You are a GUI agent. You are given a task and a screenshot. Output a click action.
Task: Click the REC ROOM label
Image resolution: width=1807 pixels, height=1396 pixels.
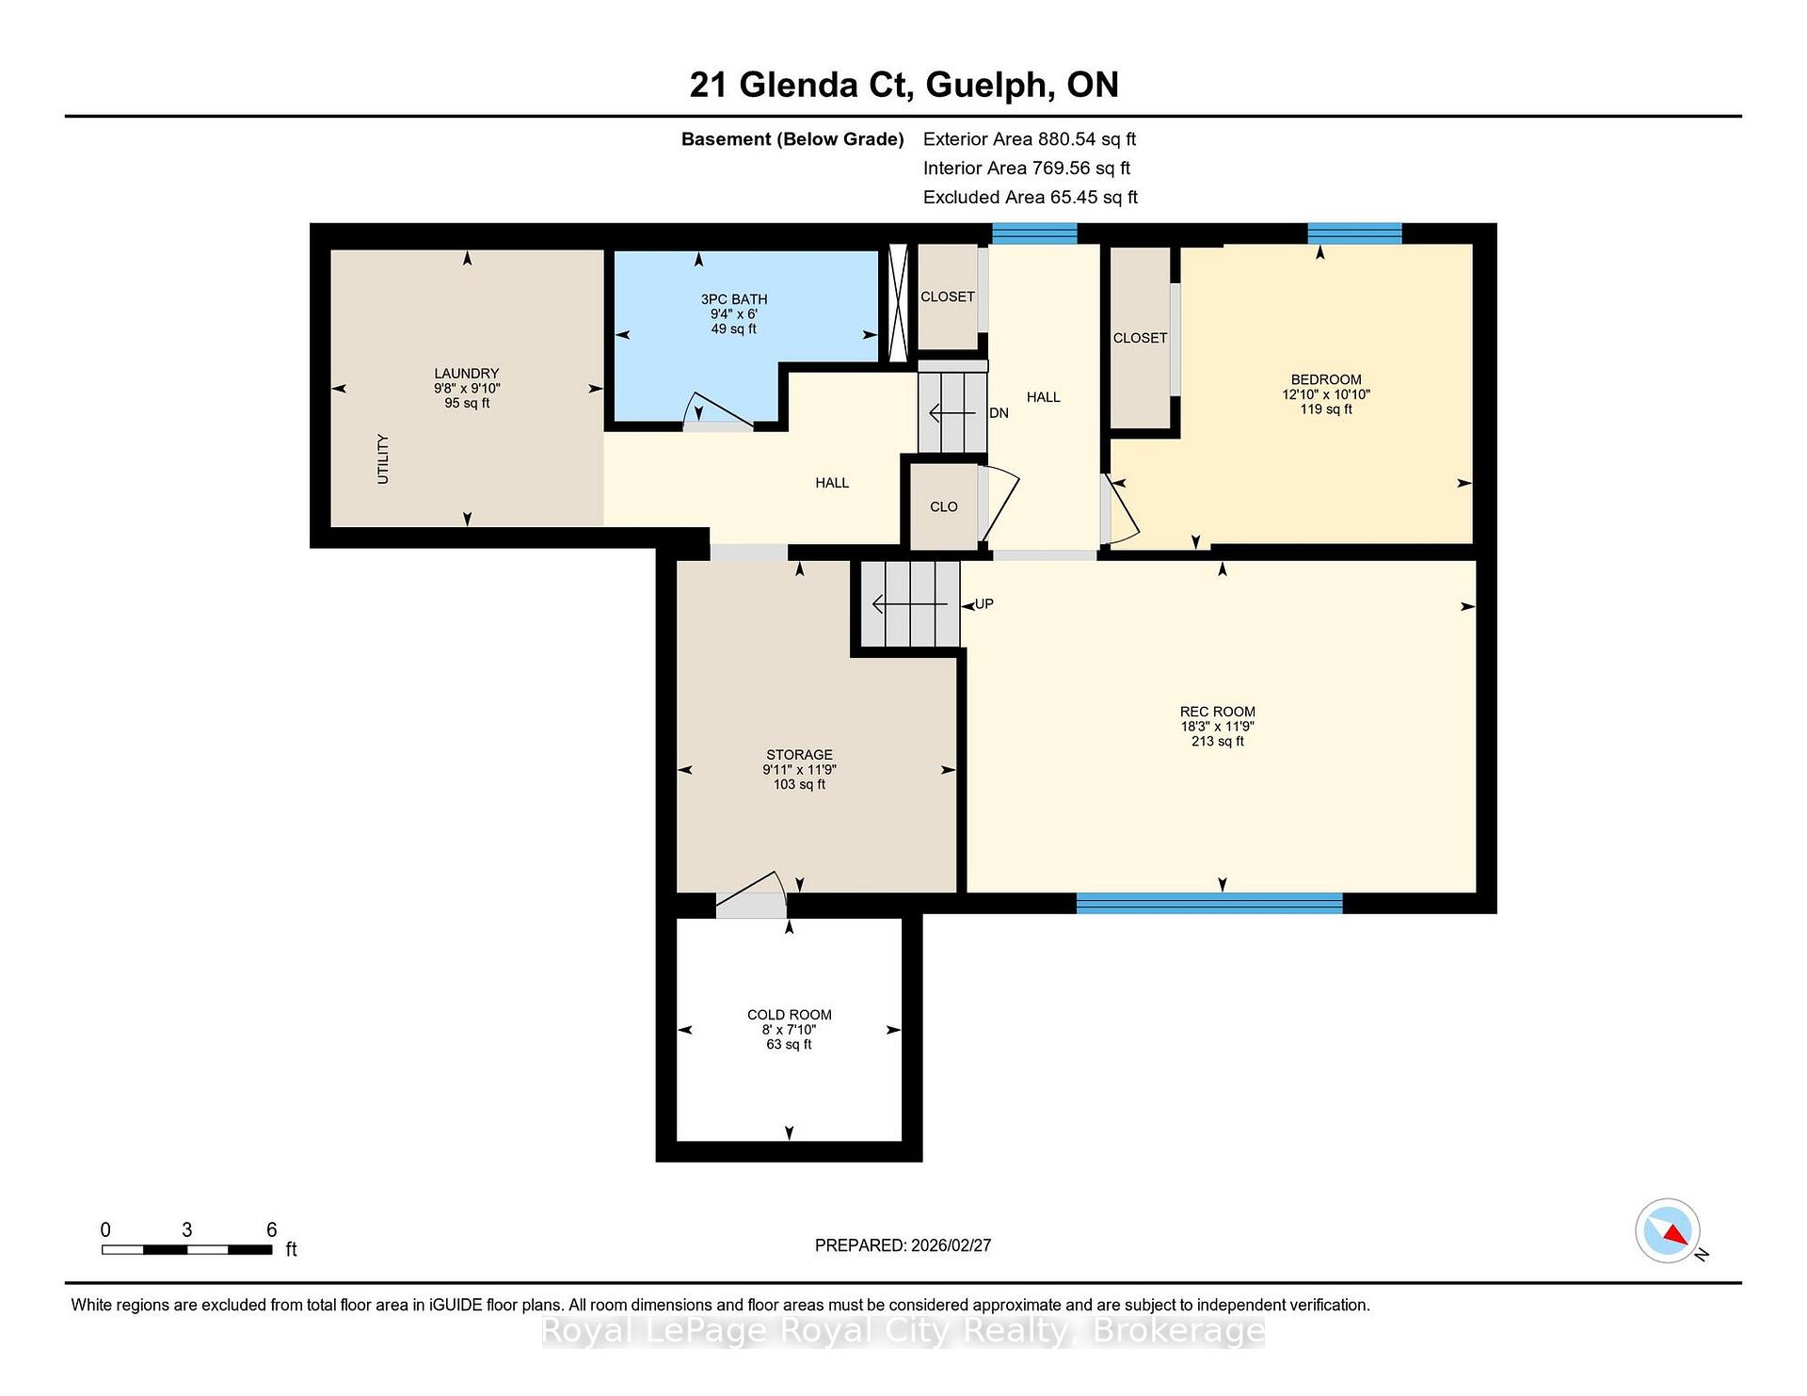[1217, 712]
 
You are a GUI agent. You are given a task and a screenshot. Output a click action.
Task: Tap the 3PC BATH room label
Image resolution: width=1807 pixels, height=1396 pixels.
[734, 299]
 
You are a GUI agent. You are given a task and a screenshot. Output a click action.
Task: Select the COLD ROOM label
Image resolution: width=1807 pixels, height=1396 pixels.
[790, 1015]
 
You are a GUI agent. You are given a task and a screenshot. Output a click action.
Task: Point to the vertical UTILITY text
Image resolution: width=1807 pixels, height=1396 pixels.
[382, 459]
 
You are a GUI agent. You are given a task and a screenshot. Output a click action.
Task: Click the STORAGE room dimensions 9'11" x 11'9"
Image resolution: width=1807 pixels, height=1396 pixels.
[799, 769]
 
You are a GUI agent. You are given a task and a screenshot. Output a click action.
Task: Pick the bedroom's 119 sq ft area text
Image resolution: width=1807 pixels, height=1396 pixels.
[1326, 409]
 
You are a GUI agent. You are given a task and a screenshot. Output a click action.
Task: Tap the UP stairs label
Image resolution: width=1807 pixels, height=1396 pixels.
[983, 604]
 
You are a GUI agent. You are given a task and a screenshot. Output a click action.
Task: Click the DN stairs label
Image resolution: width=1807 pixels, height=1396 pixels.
[999, 412]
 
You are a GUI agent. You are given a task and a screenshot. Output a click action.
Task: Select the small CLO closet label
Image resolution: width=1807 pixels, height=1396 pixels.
[944, 506]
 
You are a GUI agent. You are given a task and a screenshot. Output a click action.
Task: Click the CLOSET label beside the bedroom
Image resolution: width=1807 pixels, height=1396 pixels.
[1140, 338]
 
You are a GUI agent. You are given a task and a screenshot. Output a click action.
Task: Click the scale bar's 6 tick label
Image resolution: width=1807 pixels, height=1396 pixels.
[272, 1229]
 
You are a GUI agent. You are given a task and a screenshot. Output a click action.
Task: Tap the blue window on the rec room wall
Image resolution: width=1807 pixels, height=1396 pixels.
[1209, 904]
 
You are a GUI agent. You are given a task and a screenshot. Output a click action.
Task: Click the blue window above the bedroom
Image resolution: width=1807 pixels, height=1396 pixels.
[1354, 233]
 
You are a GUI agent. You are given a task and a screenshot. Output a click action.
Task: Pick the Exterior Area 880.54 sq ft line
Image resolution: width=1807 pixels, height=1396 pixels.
[1030, 139]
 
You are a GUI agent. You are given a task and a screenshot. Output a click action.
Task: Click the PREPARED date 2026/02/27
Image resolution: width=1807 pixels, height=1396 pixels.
[951, 1245]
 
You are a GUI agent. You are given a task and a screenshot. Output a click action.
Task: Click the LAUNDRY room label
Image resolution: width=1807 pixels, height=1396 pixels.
[467, 374]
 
